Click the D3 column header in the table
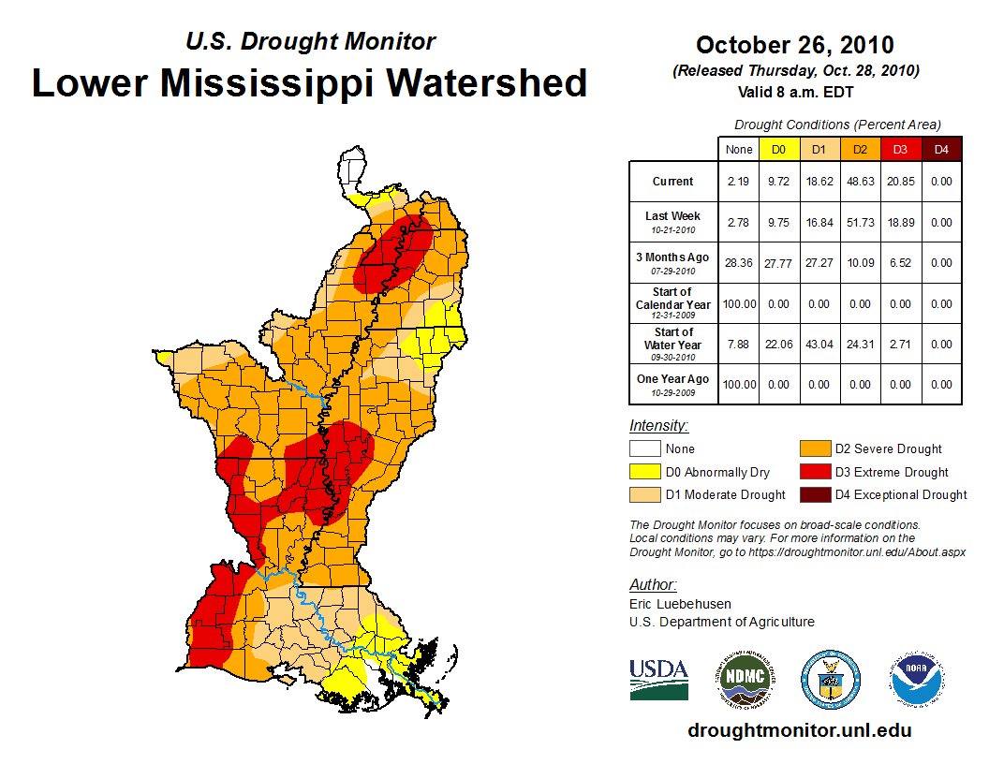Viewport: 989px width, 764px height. click(900, 149)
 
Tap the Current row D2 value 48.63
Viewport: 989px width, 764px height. click(860, 182)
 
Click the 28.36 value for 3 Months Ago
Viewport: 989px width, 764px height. click(738, 263)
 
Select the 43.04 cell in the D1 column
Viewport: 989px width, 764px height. click(819, 345)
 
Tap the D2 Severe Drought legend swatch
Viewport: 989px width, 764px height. click(813, 449)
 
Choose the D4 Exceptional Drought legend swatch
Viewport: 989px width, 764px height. click(813, 495)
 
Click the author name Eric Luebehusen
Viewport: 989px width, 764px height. click(680, 604)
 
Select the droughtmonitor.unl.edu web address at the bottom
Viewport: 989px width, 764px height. click(799, 730)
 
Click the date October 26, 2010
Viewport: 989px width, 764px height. click(794, 45)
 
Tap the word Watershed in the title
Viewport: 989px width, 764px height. click(488, 82)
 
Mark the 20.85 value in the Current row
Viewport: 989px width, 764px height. click(900, 182)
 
